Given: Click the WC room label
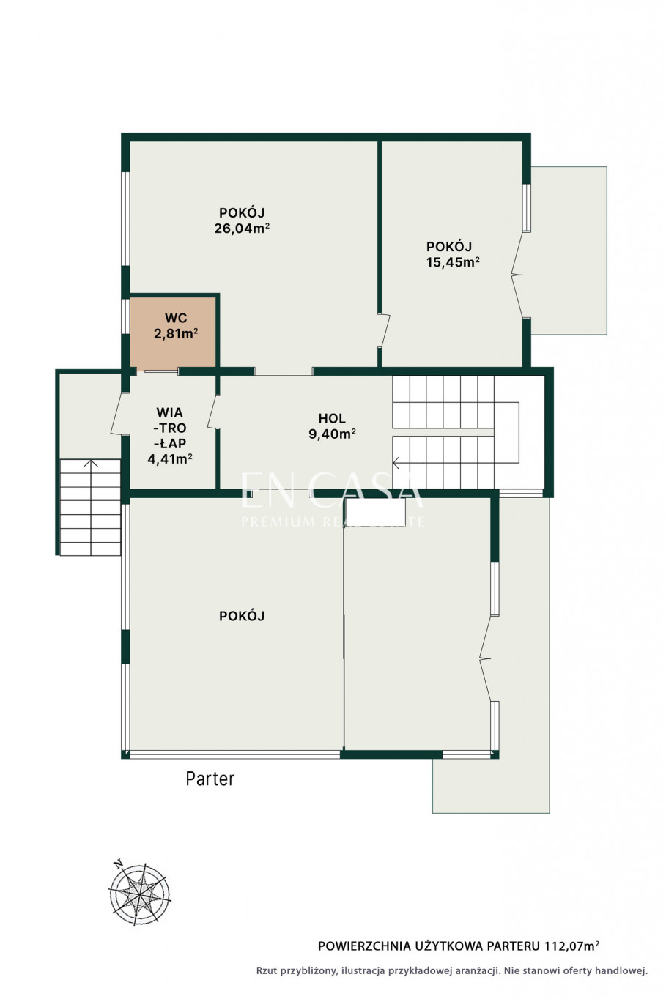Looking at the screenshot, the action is click(176, 318).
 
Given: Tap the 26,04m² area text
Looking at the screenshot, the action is click(242, 229).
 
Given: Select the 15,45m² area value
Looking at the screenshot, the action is click(453, 261).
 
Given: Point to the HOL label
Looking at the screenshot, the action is click(332, 418).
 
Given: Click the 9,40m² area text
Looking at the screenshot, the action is click(332, 434).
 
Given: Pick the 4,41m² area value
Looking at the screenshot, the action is click(170, 458).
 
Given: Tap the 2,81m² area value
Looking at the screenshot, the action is click(176, 333).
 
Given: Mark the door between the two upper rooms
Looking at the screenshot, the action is click(384, 330).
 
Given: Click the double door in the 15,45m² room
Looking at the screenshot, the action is click(519, 275).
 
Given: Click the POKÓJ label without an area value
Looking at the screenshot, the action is click(242, 616).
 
